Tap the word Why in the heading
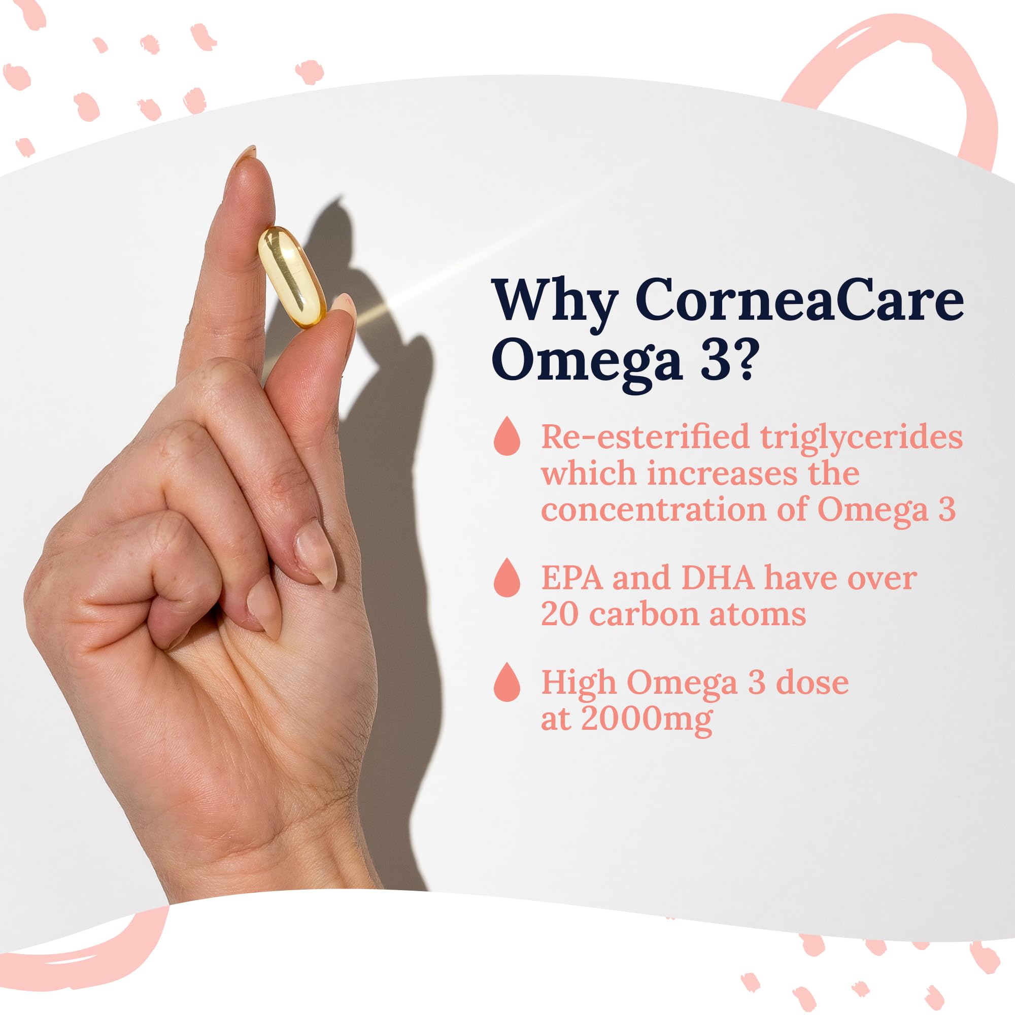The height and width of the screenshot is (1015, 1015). (x=555, y=300)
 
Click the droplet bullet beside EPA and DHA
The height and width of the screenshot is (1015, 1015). (x=507, y=578)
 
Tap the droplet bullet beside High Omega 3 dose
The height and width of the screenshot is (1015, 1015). (x=507, y=682)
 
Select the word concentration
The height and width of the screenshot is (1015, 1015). (x=655, y=510)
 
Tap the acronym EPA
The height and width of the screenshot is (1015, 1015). (x=572, y=578)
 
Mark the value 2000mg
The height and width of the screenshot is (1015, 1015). (x=647, y=719)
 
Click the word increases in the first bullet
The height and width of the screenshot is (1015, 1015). (x=723, y=473)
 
